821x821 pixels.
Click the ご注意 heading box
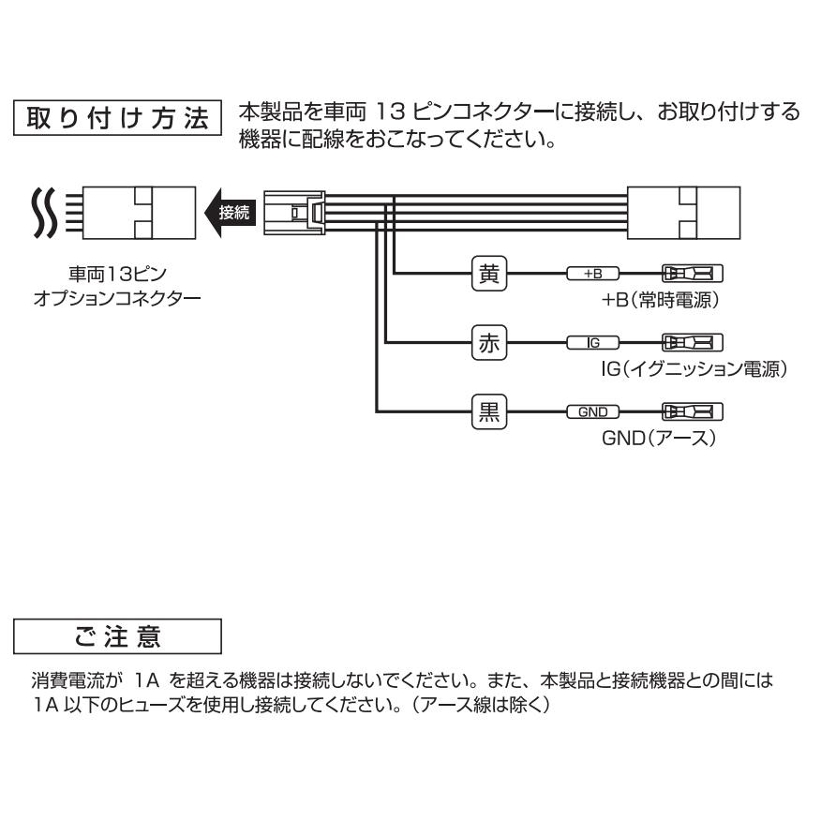tap(118, 636)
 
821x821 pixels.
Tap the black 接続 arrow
tap(228, 213)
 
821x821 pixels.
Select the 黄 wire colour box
tap(487, 274)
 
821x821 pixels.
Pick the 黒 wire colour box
tap(487, 411)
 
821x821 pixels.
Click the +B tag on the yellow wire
tap(592, 274)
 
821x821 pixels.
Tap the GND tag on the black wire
tap(592, 411)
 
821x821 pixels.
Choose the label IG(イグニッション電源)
tap(693, 369)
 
